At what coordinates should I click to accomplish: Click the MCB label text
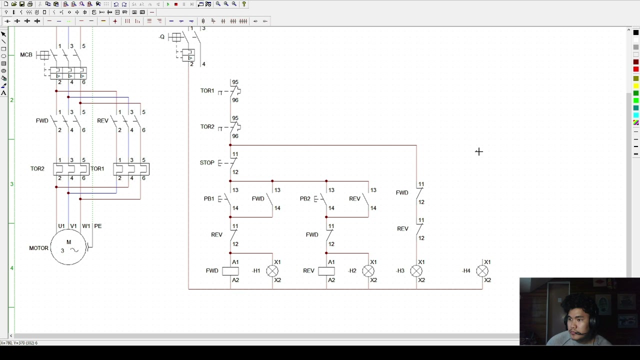[x=26, y=54]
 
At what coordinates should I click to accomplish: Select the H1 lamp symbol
[x=272, y=271]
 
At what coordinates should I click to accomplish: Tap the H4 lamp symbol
[x=482, y=271]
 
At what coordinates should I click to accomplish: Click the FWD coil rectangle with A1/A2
[x=230, y=271]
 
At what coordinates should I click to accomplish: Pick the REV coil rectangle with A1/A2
[x=326, y=271]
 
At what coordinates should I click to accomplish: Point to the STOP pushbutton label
[x=207, y=162]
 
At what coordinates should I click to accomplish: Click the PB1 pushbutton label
[x=208, y=198]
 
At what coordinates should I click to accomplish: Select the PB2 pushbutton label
[x=304, y=198]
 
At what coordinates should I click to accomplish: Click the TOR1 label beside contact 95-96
[x=207, y=90]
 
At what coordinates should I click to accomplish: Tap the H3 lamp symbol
[x=416, y=271]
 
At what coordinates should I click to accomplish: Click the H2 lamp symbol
[x=368, y=271]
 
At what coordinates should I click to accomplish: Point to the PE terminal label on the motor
[x=97, y=226]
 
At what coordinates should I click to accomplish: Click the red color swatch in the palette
[x=636, y=69]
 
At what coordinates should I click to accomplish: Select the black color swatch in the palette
[x=636, y=32]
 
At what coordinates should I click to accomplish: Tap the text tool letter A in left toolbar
[x=3, y=93]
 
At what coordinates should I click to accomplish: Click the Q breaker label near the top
[x=162, y=37]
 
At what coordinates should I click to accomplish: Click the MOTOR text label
[x=38, y=248]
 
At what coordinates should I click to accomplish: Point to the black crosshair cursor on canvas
[x=478, y=151]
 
